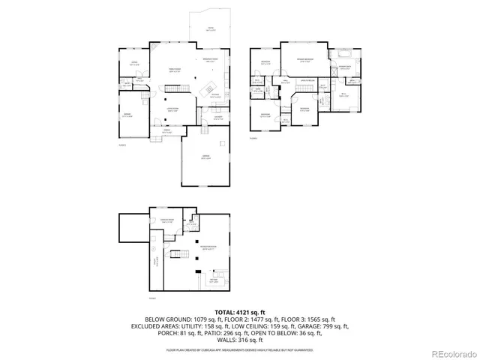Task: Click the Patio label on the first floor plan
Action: pyautogui.click(x=211, y=30)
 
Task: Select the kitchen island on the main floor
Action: pyautogui.click(x=211, y=81)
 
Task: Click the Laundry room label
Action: pyautogui.click(x=218, y=117)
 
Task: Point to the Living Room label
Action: pyautogui.click(x=172, y=109)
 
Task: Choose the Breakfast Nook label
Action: pyautogui.click(x=211, y=60)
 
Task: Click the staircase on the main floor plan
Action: pyautogui.click(x=175, y=88)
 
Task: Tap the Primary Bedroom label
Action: pyautogui.click(x=303, y=61)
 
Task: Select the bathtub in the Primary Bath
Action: pyautogui.click(x=345, y=54)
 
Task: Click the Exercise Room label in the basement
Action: pyautogui.click(x=166, y=221)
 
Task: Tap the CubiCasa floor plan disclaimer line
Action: pyautogui.click(x=240, y=349)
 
